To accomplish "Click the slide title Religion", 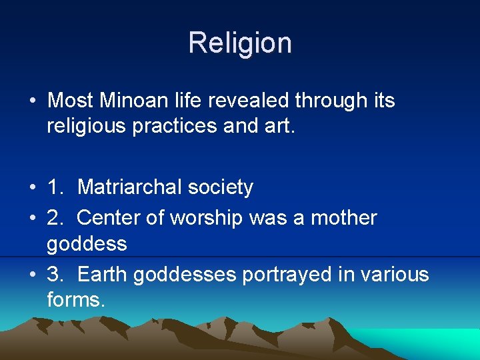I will (240, 43).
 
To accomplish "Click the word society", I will (220, 188).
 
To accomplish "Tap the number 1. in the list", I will (56, 188).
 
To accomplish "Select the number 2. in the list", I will (56, 218).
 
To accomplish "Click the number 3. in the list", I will (56, 275).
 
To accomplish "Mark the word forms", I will (75, 300).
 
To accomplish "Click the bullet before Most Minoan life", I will (33, 101).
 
